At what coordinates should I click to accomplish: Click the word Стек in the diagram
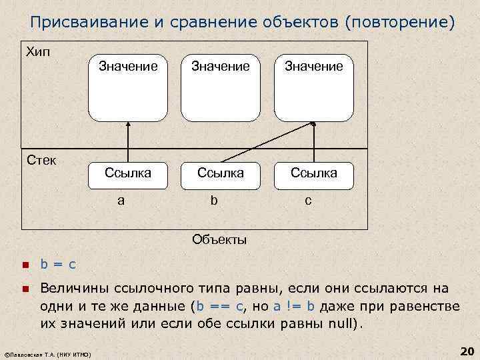pyautogui.click(x=41, y=160)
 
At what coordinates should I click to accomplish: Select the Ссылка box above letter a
pyautogui.click(x=128, y=173)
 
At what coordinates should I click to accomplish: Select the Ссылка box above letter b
pyautogui.click(x=220, y=173)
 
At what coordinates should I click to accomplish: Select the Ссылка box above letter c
pyautogui.click(x=313, y=173)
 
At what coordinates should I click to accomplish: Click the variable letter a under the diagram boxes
pyautogui.click(x=121, y=200)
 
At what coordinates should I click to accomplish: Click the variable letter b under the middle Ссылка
pyautogui.click(x=214, y=200)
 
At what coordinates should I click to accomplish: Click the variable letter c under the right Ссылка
pyautogui.click(x=308, y=200)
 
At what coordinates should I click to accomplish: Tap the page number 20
pyautogui.click(x=466, y=351)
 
